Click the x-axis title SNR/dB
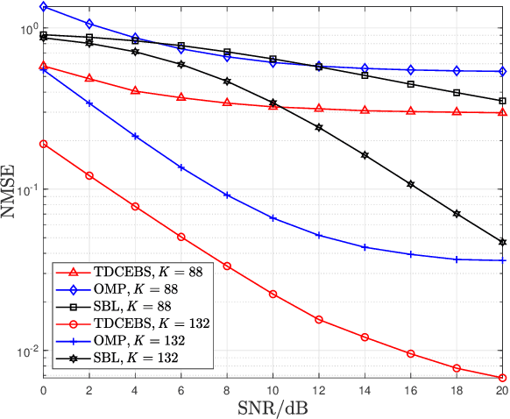click(273, 408)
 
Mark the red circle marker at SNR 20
click(502, 378)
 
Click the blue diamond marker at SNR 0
click(44, 7)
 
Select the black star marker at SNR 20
click(502, 242)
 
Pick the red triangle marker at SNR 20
click(502, 113)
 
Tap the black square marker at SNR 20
click(502, 101)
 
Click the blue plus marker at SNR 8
click(227, 195)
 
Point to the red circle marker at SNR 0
click(44, 144)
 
